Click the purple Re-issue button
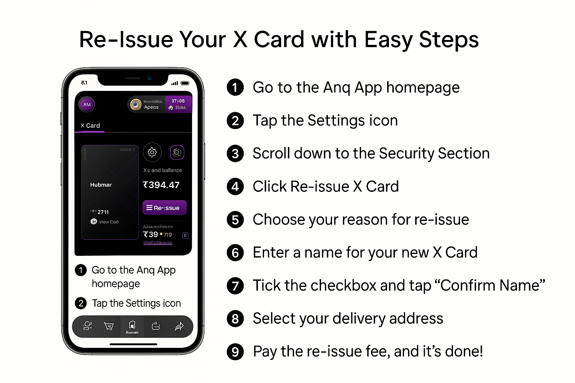click(x=164, y=208)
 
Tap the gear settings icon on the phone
click(x=152, y=152)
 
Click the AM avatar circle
click(x=87, y=104)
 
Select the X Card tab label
click(x=90, y=126)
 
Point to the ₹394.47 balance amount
click(x=161, y=185)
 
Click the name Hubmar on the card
click(x=101, y=185)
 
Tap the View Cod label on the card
click(x=109, y=222)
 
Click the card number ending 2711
click(x=103, y=212)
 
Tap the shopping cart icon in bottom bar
click(x=109, y=326)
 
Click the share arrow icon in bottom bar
click(x=179, y=326)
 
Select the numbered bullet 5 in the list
click(x=235, y=220)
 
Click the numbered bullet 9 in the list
click(x=235, y=352)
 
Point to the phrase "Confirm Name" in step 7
click(x=493, y=285)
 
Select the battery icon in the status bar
click(x=185, y=83)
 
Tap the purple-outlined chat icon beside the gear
click(x=177, y=152)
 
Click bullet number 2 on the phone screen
click(x=81, y=303)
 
